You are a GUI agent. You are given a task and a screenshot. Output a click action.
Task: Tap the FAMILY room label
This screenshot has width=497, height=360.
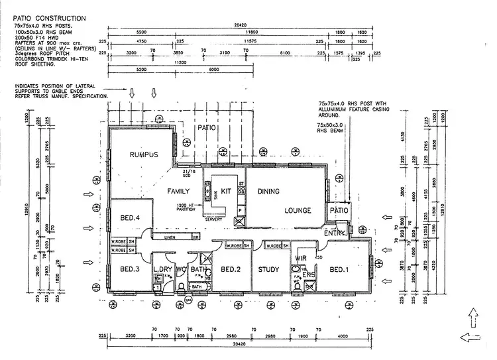pos(178,191)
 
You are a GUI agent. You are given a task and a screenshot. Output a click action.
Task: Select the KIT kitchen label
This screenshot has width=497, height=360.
pos(226,191)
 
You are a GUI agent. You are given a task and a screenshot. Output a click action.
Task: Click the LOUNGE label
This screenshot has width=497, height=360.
pos(298,210)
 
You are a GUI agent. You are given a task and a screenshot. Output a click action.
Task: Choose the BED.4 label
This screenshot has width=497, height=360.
pos(130,217)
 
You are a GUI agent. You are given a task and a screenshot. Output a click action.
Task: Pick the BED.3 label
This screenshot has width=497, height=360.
pos(130,270)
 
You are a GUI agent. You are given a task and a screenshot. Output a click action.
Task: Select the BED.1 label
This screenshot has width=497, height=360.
pos(339,270)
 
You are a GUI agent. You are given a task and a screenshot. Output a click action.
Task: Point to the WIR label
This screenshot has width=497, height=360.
pos(300,259)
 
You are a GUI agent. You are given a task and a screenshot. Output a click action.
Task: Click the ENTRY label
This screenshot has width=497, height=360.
pos(335,233)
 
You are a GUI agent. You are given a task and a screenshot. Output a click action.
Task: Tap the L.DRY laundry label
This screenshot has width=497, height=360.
pos(162,269)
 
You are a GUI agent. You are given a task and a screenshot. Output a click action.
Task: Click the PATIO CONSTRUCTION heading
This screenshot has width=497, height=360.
pos(53,18)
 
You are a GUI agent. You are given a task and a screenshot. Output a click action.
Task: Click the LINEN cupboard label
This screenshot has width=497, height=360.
pos(171,236)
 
